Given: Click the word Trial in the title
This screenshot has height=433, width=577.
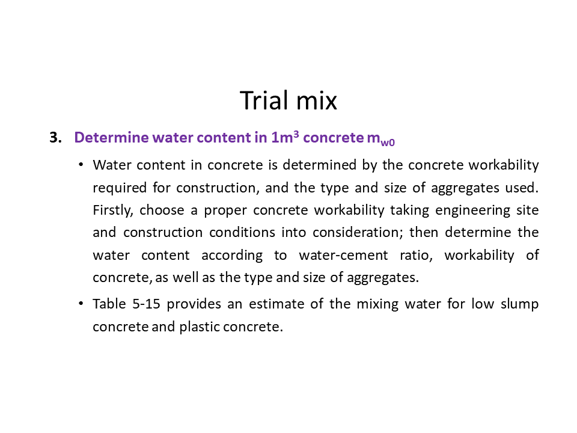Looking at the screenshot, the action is (264, 100).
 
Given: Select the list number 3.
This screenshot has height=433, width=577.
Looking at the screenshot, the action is (55, 137).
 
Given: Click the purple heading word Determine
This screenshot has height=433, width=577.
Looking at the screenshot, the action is (112, 137).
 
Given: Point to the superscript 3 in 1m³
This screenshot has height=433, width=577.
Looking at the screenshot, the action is (296, 134).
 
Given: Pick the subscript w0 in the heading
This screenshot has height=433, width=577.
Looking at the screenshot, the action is (388, 143).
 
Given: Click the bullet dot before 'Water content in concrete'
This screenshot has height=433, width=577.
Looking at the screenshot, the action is (81, 165).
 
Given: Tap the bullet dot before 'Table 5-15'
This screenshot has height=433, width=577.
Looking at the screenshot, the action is (81, 304).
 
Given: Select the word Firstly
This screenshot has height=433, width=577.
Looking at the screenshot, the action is (113, 210).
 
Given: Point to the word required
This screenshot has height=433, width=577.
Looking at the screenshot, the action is (120, 188).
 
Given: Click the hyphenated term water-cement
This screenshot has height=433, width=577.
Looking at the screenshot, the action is (343, 255).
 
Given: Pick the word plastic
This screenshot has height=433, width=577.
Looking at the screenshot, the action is (199, 327).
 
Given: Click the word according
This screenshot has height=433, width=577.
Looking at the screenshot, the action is (232, 255).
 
